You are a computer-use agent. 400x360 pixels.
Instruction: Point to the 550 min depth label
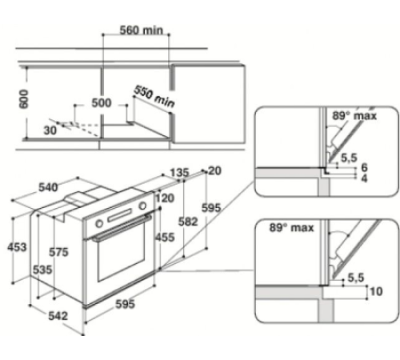[x=154, y=98]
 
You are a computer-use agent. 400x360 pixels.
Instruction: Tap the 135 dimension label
[x=180, y=172]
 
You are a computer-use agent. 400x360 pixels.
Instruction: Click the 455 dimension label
[x=165, y=237]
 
